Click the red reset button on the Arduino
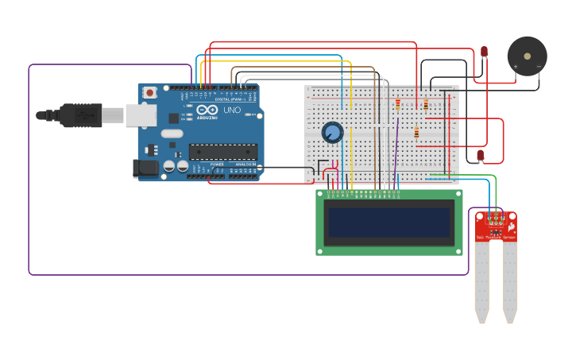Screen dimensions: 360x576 149,93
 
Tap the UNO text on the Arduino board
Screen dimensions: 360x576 232,110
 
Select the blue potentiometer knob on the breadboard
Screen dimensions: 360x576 332,132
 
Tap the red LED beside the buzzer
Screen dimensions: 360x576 484,52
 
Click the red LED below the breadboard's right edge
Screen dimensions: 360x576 480,155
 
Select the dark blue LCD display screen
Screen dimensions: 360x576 389,222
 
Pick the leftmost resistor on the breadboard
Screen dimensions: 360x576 398,105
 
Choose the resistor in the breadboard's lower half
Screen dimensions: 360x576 416,133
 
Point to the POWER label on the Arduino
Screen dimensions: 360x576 217,164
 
